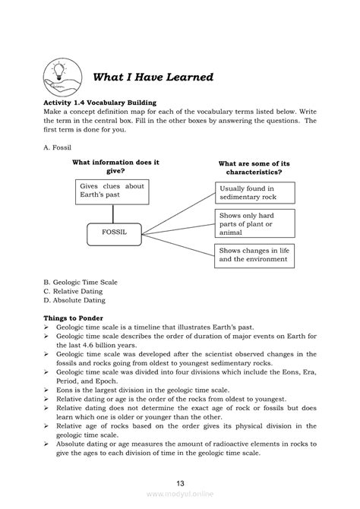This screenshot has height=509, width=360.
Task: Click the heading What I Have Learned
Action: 152,78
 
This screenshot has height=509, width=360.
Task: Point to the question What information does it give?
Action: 115,166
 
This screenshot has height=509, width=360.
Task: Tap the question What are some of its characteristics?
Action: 255,168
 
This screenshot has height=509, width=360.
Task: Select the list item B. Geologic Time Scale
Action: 81,282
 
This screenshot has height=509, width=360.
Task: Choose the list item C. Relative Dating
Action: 74,290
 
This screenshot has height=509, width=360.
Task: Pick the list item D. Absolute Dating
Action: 74,299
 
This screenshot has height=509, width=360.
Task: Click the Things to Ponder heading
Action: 74,317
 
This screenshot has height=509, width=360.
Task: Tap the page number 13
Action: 180,483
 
